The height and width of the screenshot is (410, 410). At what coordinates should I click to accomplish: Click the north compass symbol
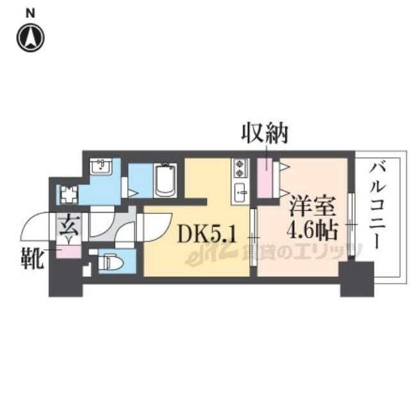[x=30, y=38]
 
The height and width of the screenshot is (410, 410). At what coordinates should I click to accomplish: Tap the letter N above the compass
[x=30, y=13]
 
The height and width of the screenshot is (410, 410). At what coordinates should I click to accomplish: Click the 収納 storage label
[x=265, y=133]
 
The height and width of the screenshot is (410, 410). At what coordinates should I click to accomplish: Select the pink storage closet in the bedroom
[x=265, y=178]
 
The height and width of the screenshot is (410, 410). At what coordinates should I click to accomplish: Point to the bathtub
[x=165, y=180]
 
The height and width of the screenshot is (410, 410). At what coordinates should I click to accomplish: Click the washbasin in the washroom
[x=101, y=167]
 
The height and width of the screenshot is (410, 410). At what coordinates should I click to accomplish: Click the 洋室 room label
[x=312, y=207]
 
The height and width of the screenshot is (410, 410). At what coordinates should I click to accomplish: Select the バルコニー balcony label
[x=377, y=206]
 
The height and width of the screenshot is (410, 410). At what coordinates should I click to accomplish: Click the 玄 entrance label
[x=69, y=225]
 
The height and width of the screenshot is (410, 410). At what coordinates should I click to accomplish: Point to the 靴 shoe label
[x=32, y=258]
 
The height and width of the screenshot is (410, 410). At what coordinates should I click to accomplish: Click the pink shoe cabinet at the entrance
[x=69, y=252]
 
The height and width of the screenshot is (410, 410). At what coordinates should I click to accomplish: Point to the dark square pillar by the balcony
[x=357, y=279]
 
